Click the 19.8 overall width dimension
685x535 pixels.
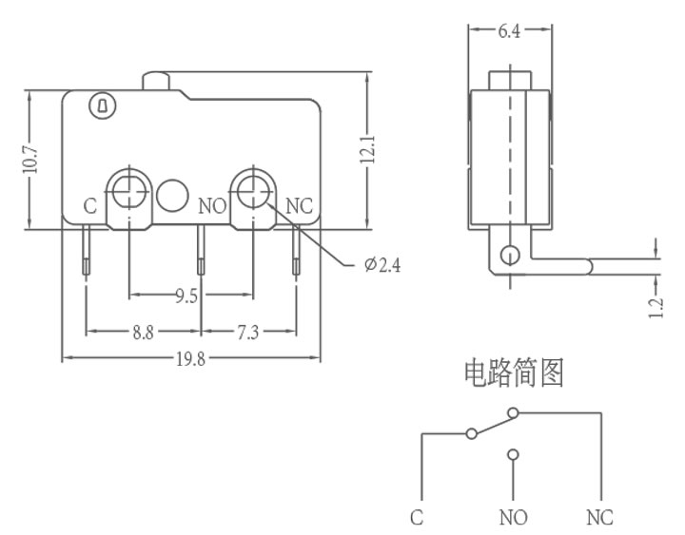tap(190, 359)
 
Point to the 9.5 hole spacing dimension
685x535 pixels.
tap(186, 296)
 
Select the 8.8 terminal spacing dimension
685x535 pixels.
tap(144, 333)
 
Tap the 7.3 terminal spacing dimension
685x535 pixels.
tap(247, 333)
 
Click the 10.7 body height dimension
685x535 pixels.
tap(30, 159)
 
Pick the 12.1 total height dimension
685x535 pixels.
tap(367, 149)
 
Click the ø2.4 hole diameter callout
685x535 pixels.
tap(382, 265)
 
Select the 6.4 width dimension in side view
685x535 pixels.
tap(509, 31)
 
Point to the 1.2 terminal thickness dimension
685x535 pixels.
tap(656, 308)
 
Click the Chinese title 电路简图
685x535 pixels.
tap(514, 373)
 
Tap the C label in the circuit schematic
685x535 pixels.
tap(417, 518)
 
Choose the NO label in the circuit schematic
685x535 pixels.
tap(514, 518)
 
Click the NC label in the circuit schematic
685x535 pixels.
tap(599, 518)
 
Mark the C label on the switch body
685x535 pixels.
tap(90, 206)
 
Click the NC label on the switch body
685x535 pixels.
tap(300, 206)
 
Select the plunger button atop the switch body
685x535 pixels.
tap(155, 81)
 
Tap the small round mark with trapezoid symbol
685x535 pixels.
tap(103, 106)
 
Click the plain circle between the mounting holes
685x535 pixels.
tap(172, 196)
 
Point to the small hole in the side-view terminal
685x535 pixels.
tap(510, 255)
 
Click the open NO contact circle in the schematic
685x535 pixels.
tap(514, 455)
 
